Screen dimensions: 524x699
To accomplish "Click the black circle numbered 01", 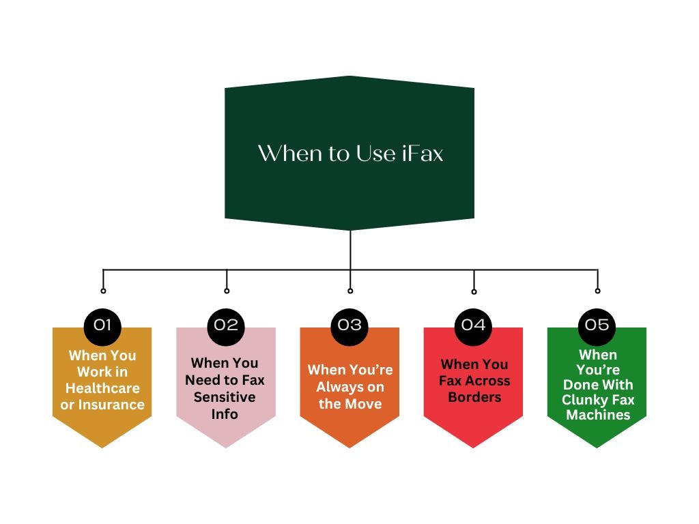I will [x=102, y=325].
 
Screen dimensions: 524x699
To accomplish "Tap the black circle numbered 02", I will [x=226, y=325].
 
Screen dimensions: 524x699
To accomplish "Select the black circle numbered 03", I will [x=350, y=325].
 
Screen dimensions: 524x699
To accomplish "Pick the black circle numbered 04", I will [x=473, y=325].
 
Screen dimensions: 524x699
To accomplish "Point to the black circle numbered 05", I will [x=597, y=325].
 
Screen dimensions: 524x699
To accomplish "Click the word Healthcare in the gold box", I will [x=102, y=388].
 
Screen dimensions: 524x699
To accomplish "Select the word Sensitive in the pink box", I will [x=225, y=397].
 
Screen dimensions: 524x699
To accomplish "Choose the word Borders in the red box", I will [x=474, y=398].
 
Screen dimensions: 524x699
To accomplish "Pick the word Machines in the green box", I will [x=598, y=415].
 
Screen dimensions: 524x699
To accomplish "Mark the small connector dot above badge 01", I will [x=103, y=291].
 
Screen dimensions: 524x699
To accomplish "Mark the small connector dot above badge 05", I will [x=597, y=291].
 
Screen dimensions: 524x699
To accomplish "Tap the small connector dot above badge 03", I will [x=350, y=291].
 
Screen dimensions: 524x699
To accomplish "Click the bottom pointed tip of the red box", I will [x=474, y=446].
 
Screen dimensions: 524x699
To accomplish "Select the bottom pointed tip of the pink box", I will [x=226, y=446].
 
